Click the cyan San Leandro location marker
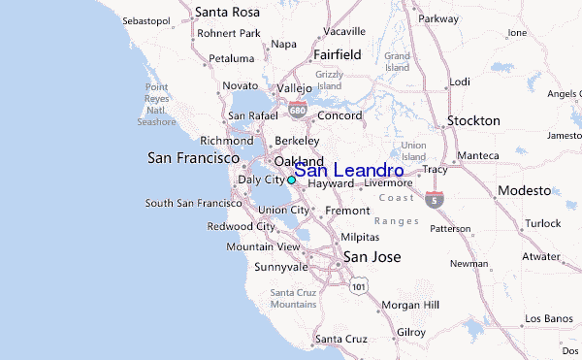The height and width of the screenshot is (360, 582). click(x=291, y=180)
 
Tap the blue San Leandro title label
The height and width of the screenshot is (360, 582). click(x=349, y=170)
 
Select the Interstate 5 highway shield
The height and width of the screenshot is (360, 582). click(x=435, y=201)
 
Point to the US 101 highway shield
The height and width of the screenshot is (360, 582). click(x=359, y=286)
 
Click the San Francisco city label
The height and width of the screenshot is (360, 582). click(x=193, y=156)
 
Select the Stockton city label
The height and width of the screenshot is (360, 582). click(x=472, y=121)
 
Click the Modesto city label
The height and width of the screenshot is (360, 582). click(x=525, y=190)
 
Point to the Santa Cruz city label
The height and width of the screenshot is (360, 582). click(x=340, y=339)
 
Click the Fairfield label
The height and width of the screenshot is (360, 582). click(x=336, y=55)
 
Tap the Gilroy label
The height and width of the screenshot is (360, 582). click(x=410, y=332)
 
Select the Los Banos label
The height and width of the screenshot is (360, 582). click(x=548, y=318)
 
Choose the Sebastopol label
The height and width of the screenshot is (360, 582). click(x=151, y=19)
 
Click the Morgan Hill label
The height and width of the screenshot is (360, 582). click(x=410, y=305)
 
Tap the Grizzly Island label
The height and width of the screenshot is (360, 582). click(x=330, y=81)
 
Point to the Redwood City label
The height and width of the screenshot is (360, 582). click(x=241, y=226)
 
